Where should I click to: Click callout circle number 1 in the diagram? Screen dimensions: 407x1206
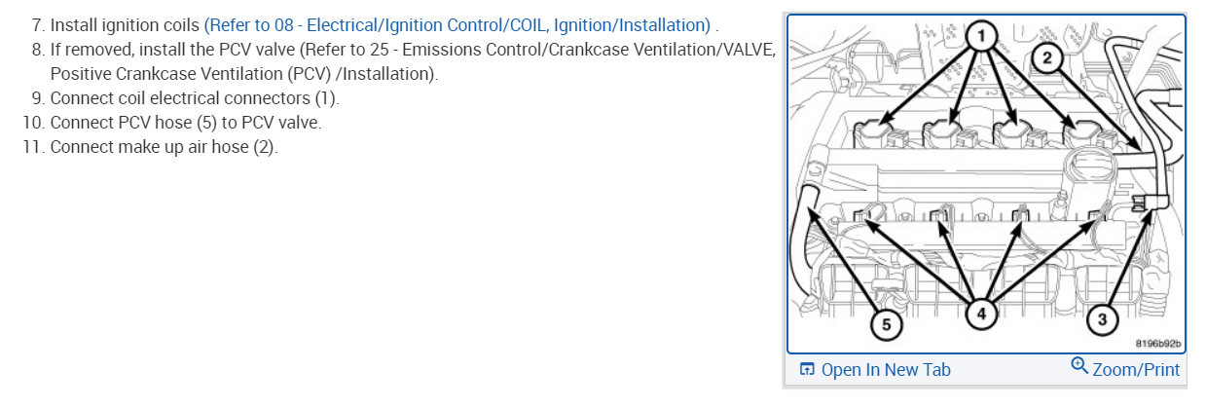[981, 36]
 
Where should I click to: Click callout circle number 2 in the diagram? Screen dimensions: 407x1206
[1047, 57]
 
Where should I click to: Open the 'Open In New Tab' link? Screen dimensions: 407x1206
[886, 370]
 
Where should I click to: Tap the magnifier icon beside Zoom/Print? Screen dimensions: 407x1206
[1078, 366]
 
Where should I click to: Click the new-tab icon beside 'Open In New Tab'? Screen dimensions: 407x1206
[806, 370]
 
